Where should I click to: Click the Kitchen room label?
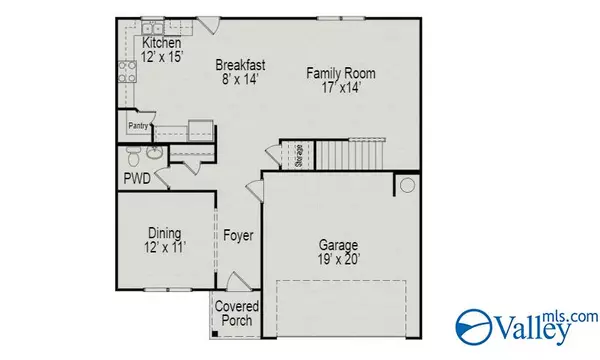click(161, 45)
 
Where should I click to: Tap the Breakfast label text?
click(243, 66)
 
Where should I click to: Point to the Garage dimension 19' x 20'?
click(337, 258)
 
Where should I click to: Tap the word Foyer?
click(238, 237)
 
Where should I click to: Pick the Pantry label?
click(138, 127)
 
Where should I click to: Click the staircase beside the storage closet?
click(345, 155)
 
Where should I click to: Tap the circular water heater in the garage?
click(407, 185)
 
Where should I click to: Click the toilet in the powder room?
click(150, 155)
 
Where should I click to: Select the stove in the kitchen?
click(128, 70)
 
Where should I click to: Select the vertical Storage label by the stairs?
click(298, 155)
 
